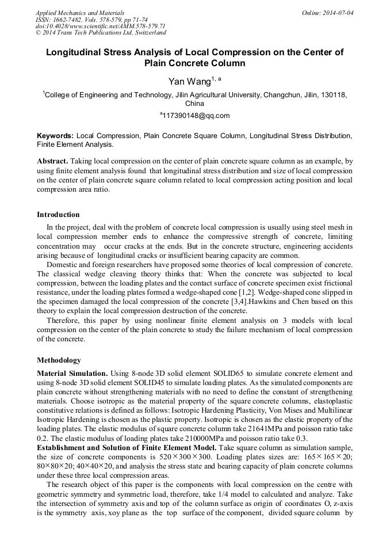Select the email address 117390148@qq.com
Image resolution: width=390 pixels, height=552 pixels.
point(196,115)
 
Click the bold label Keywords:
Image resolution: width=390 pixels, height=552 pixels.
point(55,136)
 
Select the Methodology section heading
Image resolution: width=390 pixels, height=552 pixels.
point(59,360)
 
